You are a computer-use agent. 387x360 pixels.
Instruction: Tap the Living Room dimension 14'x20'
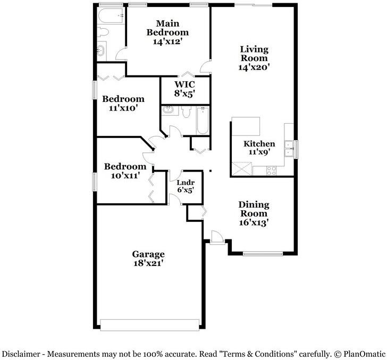point(254,67)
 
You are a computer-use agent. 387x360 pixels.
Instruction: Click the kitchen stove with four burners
point(271,171)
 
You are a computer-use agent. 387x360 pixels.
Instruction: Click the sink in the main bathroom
point(101,51)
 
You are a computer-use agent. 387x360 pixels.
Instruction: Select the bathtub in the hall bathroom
point(203,119)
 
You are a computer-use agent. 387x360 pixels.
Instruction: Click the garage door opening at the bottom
point(149,324)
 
